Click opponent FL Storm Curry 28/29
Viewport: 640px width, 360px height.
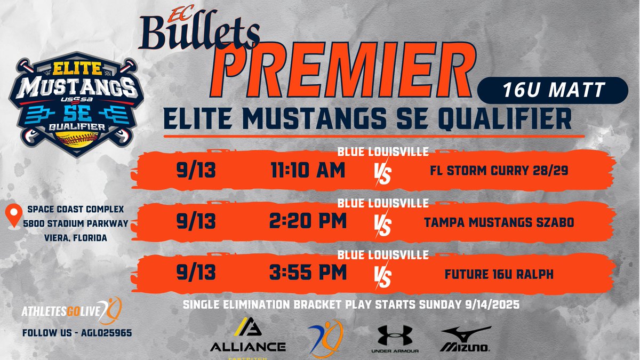click(x=498, y=172)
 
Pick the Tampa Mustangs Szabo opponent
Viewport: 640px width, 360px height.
click(x=498, y=222)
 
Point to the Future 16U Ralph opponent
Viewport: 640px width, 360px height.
click(x=498, y=274)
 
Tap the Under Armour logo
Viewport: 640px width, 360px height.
click(x=395, y=339)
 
